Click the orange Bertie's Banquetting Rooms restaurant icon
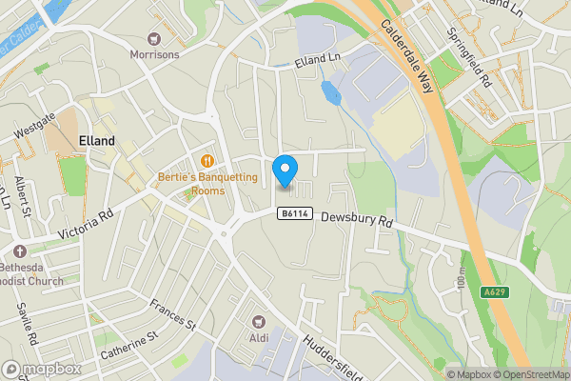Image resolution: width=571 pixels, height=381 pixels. (x=207, y=158)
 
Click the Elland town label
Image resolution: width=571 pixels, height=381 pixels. (x=97, y=140)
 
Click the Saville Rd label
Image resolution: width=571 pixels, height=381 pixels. (x=26, y=325)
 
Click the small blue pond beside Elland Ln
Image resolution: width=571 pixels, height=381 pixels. (x=330, y=92)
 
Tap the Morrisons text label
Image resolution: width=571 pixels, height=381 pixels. (x=154, y=54)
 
